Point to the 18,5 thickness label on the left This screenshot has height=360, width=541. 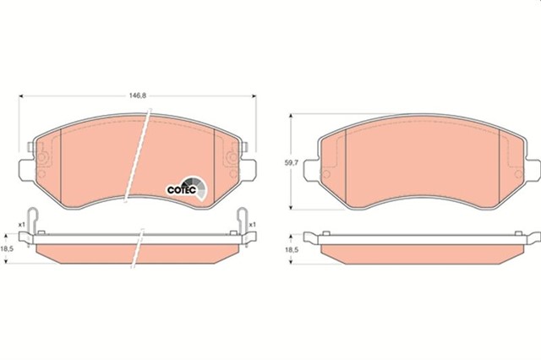point(8,248)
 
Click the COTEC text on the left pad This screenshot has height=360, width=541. point(178,189)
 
